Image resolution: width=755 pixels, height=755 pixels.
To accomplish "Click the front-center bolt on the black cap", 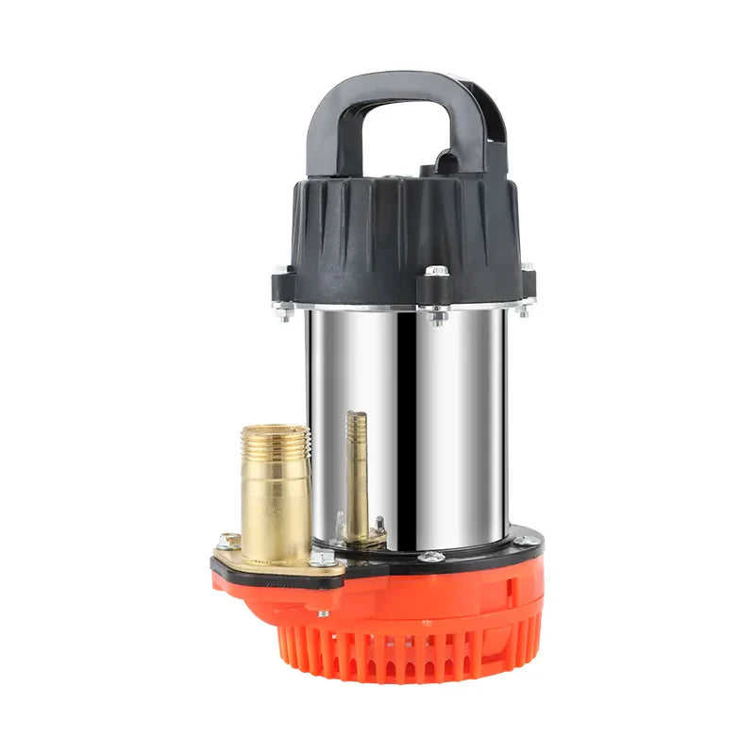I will pyautogui.click(x=436, y=272).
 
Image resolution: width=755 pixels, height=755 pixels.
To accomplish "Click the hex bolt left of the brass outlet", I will pyautogui.click(x=227, y=542).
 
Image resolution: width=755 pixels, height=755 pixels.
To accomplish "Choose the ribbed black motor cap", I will pyautogui.click(x=406, y=226).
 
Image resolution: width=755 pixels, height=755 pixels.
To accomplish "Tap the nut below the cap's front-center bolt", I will pyautogui.click(x=436, y=315).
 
